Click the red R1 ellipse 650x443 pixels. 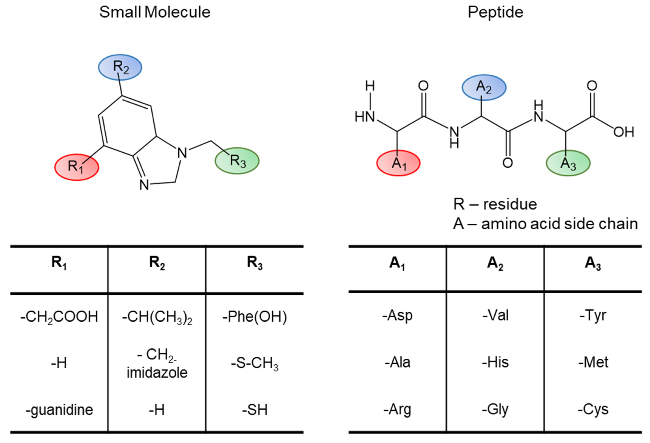(76, 167)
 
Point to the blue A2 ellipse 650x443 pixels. (484, 87)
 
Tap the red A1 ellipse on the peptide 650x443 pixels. (398, 163)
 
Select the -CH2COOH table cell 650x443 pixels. (59, 317)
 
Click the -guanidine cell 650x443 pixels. (59, 410)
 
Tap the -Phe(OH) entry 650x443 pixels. (255, 317)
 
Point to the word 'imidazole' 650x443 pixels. (157, 373)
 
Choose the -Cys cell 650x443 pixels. (593, 409)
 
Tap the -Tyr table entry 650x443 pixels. (593, 316)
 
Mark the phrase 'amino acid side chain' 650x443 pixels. (559, 224)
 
